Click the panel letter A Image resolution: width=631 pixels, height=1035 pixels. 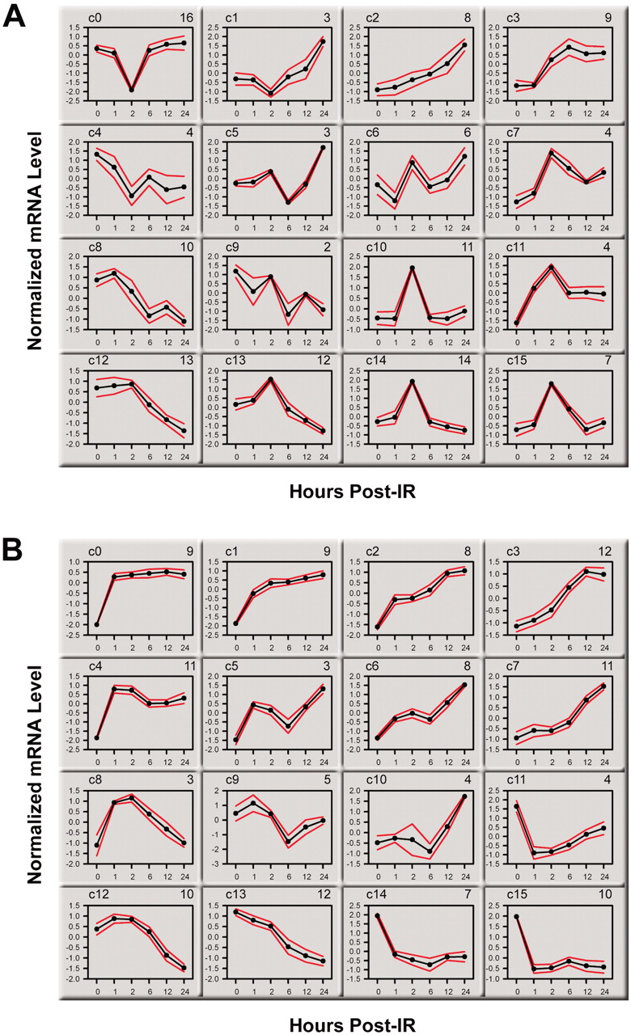click(18, 18)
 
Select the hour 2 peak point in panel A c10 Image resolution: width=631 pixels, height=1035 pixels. click(413, 268)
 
